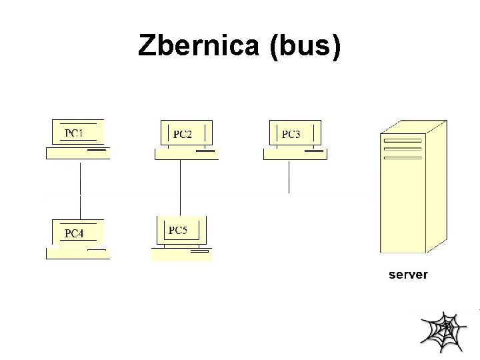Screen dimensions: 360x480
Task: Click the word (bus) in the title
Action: (306, 46)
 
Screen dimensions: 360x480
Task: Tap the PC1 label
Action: (74, 133)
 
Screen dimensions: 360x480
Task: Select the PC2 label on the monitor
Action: (183, 134)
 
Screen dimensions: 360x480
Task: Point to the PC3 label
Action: (291, 134)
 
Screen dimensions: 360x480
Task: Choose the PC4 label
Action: (74, 233)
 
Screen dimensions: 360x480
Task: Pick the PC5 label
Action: (178, 231)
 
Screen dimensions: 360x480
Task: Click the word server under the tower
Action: (408, 274)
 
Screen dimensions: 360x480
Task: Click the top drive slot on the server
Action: (403, 141)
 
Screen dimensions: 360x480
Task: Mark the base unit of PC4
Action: (77, 253)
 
